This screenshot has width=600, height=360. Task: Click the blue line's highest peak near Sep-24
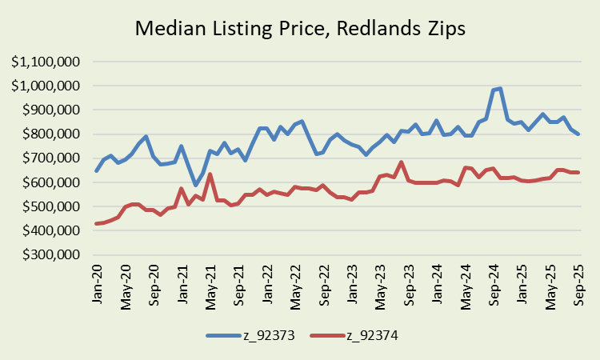coord(500,89)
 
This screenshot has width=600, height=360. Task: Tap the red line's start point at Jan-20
coord(98,224)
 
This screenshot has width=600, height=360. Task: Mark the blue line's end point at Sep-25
coord(578,134)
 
